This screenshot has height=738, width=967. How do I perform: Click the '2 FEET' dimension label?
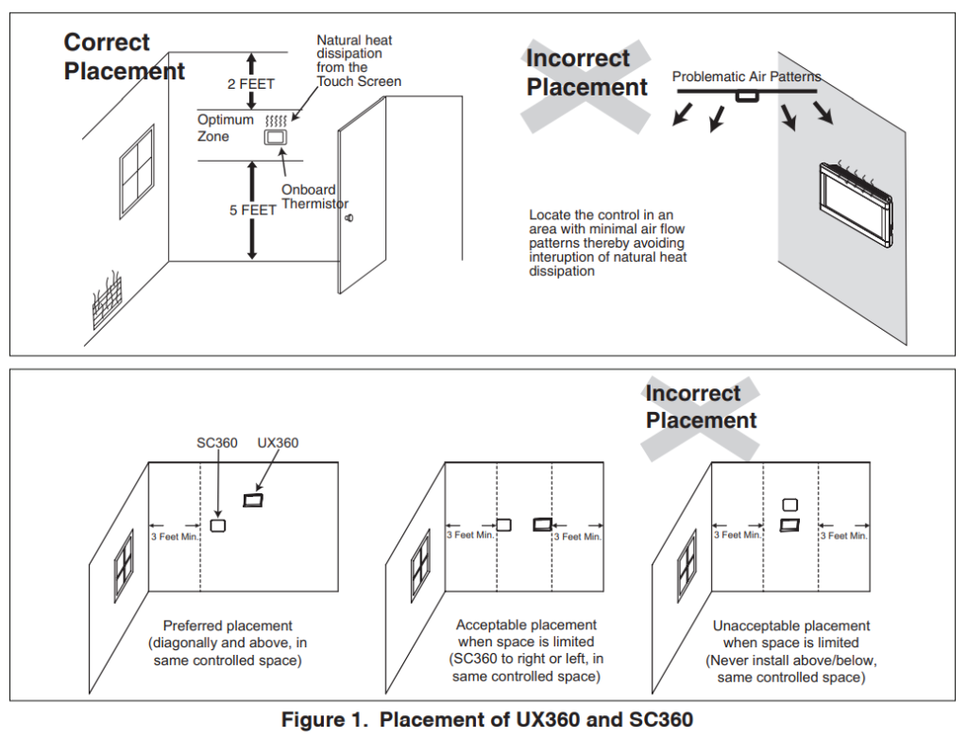251,84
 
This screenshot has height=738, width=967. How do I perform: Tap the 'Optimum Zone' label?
226,128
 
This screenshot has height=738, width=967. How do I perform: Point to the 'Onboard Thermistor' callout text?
314,197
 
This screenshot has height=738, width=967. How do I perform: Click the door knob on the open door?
349,219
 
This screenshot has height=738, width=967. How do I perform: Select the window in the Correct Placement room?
137,171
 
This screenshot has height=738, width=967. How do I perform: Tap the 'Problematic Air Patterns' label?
746,77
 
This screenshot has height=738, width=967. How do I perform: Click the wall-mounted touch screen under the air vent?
854,200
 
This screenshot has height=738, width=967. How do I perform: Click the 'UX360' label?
278,442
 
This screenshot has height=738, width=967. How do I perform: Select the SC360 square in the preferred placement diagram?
218,525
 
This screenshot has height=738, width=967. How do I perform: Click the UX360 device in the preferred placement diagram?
253,500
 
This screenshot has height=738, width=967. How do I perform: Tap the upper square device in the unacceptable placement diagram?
790,506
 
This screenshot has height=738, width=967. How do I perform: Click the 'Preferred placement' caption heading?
228,626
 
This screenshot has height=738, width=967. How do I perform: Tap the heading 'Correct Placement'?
124,57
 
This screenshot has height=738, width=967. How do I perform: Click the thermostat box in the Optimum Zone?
275,138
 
